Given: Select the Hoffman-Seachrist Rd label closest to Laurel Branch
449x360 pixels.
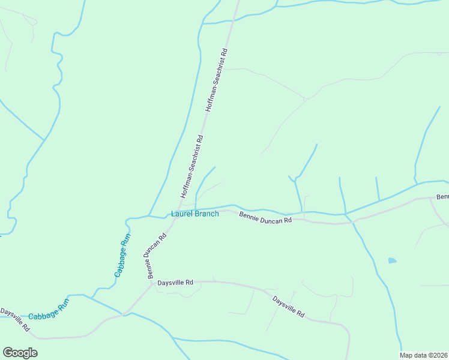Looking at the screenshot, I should pos(192,167).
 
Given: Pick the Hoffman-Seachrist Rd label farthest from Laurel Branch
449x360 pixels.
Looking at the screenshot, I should pos(217,79).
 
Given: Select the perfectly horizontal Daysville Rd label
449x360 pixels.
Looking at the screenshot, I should pos(175,282).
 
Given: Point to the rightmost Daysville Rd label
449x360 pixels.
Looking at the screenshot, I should pos(289,306).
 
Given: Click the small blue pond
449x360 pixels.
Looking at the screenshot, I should pos(392,260).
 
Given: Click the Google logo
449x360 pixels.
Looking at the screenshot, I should pos(20,353).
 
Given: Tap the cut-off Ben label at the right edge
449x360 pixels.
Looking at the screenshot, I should pos(442,197).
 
